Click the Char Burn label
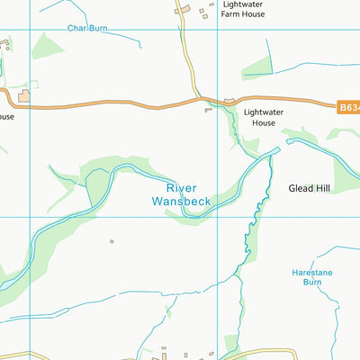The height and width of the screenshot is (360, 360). pyautogui.click(x=86, y=28)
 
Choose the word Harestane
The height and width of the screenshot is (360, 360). pyautogui.click(x=312, y=271)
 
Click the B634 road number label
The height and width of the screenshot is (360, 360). pyautogui.click(x=349, y=107)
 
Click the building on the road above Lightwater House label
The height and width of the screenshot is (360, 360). pyautogui.click(x=229, y=101)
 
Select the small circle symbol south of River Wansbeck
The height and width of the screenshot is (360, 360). pyautogui.click(x=112, y=241)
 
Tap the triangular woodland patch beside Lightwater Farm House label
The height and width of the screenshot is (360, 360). pyautogui.click(x=258, y=67)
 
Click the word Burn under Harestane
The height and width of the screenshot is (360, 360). pyautogui.click(x=312, y=282)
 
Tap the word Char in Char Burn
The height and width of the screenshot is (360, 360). pyautogui.click(x=76, y=28)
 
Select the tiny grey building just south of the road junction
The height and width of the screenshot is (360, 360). pyautogui.click(x=208, y=110)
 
